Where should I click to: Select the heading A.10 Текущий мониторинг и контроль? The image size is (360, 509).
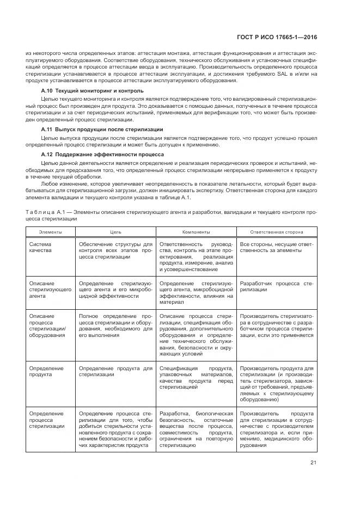pos(93,90)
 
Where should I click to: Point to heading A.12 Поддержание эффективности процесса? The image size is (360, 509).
pos(103,155)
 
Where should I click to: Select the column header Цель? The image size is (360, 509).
pos(115,232)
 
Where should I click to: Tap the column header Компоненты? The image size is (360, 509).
pos(197,232)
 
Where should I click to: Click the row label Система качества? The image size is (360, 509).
pos(41,248)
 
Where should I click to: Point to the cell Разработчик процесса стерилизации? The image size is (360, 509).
pos(277,287)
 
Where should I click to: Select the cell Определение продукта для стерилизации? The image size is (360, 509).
pos(115,371)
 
